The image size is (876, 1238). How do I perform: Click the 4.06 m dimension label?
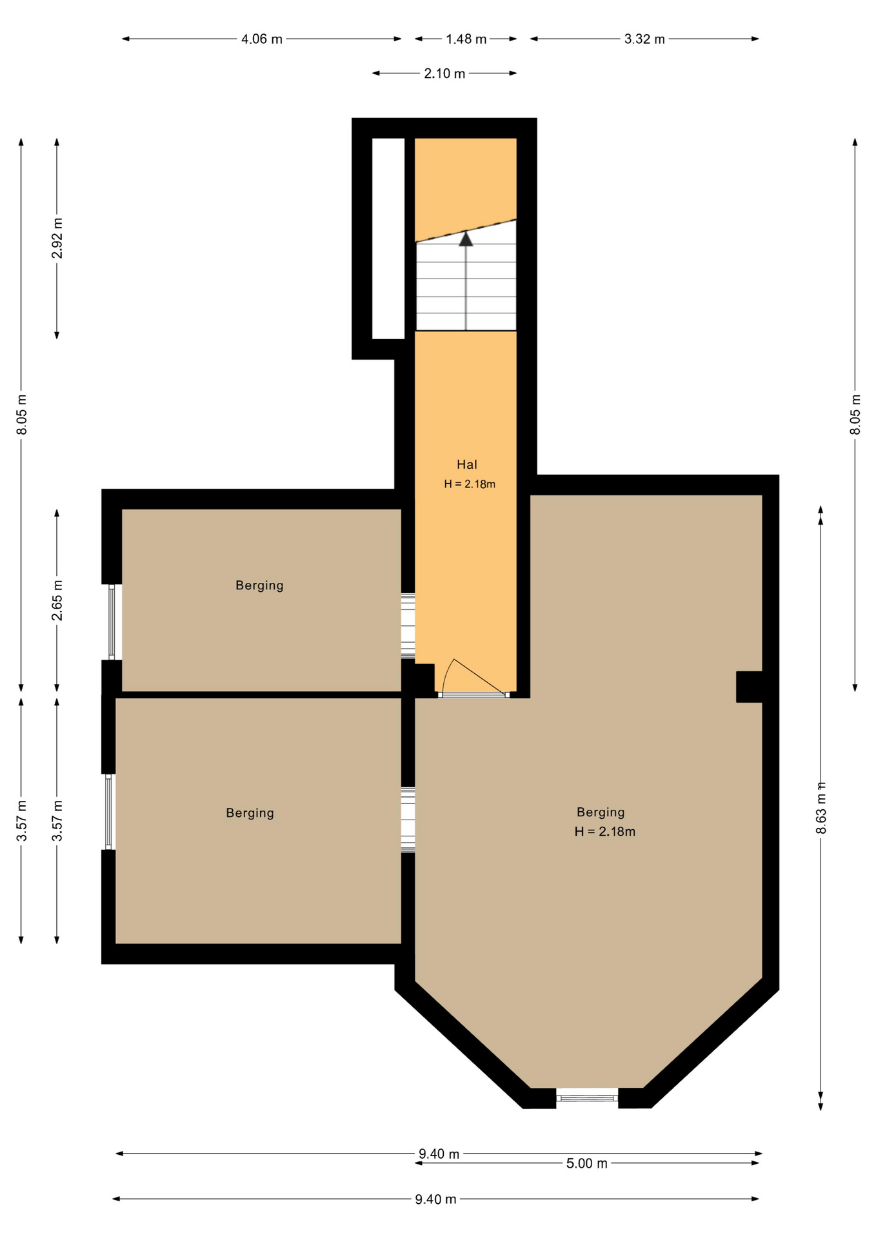click(261, 39)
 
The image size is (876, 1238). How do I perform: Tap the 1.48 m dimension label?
click(466, 39)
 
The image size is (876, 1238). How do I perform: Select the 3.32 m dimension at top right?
click(644, 39)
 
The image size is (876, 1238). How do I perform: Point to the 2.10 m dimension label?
click(444, 74)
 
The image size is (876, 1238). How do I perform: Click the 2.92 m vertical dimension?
click(57, 238)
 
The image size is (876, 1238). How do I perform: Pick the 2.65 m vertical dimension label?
click(57, 600)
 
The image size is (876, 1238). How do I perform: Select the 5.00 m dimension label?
click(586, 1164)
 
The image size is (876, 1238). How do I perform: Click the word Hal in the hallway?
click(467, 464)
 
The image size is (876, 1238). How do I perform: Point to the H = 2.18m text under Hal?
click(470, 484)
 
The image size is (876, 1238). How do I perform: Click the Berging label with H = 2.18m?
click(601, 812)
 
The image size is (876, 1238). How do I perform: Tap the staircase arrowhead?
click(466, 239)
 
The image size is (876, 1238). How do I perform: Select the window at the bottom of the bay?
click(587, 1097)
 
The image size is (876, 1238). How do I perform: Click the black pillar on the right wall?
click(750, 687)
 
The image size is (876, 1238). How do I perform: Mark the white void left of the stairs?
click(388, 238)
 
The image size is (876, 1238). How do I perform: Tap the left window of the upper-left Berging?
click(112, 622)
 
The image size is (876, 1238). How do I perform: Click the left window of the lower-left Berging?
click(108, 812)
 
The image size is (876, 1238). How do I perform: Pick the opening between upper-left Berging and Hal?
click(408, 625)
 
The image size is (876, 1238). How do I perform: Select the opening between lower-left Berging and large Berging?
click(408, 820)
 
